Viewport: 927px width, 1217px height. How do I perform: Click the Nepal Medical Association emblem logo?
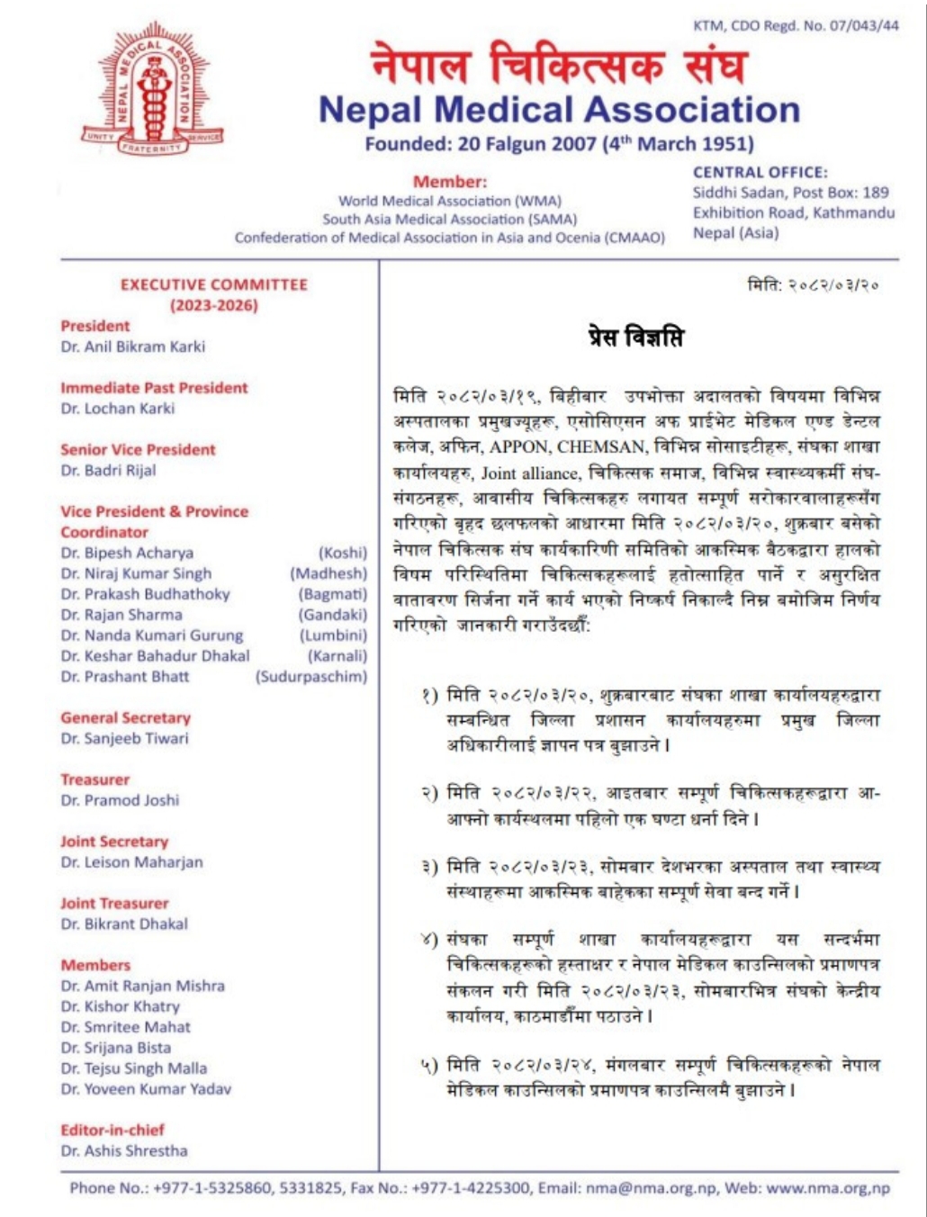click(153, 89)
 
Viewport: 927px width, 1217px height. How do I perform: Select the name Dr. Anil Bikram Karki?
click(133, 347)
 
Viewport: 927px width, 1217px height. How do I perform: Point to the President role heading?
click(95, 326)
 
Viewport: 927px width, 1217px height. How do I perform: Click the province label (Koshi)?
click(342, 553)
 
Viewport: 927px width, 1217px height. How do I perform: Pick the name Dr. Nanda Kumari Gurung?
click(152, 636)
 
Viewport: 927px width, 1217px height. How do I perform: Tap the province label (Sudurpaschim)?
click(311, 677)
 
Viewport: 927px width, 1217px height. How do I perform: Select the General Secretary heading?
click(126, 717)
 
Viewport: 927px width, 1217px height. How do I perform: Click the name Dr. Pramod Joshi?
click(120, 800)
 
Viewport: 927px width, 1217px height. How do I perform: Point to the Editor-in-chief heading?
click(112, 1130)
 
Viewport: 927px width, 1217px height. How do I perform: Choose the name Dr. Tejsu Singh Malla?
click(134, 1068)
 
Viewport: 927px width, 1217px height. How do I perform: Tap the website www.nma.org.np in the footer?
click(828, 1188)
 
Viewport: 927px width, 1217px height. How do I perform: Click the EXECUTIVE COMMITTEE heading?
click(214, 284)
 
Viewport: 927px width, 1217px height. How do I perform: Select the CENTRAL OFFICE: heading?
click(760, 172)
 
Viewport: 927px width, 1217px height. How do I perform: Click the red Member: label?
click(450, 182)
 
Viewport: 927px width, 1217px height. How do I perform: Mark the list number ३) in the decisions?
click(429, 868)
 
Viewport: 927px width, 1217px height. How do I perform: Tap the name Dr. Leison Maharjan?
click(132, 862)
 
